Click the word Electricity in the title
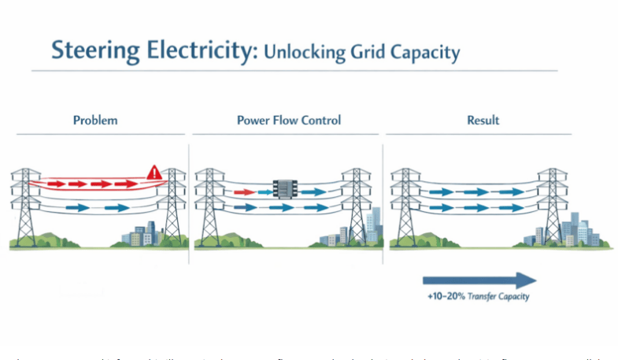[200, 50]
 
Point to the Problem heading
[95, 121]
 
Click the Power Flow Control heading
[289, 121]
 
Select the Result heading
[483, 121]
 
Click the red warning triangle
[154, 172]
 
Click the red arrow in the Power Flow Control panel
[243, 191]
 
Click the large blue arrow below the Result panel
[479, 280]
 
